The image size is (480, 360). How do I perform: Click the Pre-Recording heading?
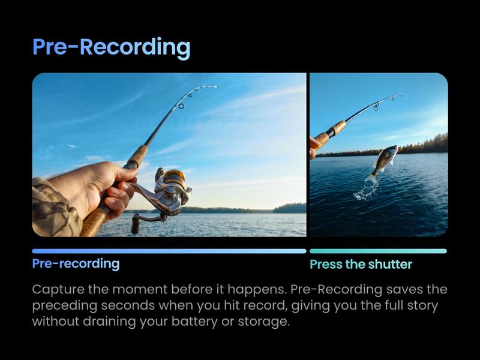point(111,48)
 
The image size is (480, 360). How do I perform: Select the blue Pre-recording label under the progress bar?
point(76,263)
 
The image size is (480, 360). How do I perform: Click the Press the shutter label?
point(361,265)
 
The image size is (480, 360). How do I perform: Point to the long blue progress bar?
point(169,251)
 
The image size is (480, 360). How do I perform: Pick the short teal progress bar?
point(378,251)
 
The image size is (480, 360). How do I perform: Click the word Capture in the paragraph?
point(58,290)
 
